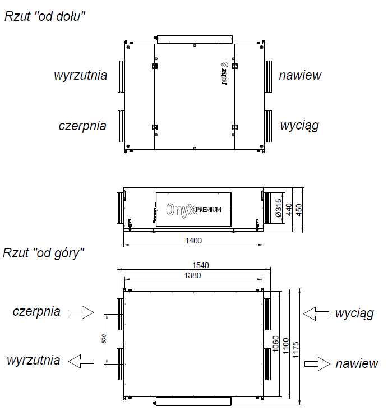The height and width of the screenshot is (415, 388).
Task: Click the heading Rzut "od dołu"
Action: [x=44, y=16]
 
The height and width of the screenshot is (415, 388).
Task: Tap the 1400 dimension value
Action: [x=193, y=240]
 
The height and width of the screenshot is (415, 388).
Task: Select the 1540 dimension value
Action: [x=192, y=265]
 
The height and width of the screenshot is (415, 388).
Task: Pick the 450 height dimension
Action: [x=299, y=209]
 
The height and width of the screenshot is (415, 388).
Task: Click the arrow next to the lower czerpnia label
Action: [x=82, y=312]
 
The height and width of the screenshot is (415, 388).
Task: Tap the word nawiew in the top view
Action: [x=301, y=75]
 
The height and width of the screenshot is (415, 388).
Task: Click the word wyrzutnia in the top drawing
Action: [x=80, y=75]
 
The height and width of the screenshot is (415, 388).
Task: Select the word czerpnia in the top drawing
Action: [x=82, y=125]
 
